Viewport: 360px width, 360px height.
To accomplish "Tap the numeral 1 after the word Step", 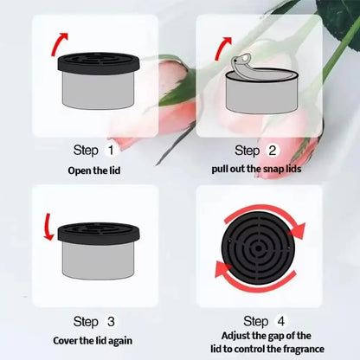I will pos(110,151).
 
